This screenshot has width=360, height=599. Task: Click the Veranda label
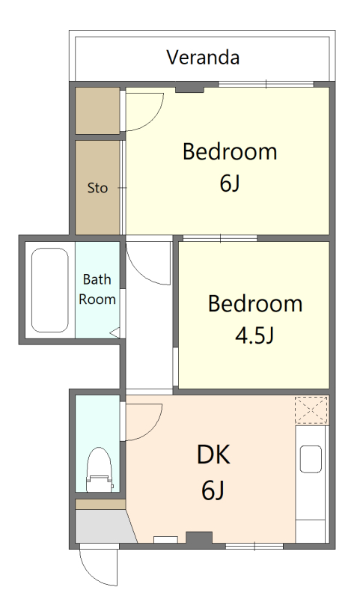click(x=203, y=58)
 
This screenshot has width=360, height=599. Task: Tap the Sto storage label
click(x=98, y=188)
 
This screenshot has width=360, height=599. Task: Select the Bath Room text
click(x=97, y=289)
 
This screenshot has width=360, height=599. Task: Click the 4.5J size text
click(x=254, y=335)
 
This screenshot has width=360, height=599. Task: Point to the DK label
click(x=213, y=454)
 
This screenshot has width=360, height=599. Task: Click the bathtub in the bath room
click(x=49, y=291)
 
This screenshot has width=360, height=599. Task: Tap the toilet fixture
click(x=100, y=469)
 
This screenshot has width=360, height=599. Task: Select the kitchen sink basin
click(x=311, y=459)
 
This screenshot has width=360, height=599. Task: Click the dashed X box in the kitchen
click(x=311, y=410)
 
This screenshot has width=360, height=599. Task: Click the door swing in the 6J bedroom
click(x=156, y=118)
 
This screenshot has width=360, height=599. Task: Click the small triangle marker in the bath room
click(x=115, y=332)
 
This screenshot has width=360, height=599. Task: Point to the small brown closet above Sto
click(x=98, y=111)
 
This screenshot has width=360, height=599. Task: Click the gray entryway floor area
click(x=104, y=526)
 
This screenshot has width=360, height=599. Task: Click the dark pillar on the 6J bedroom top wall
click(x=190, y=87)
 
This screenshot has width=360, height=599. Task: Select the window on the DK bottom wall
click(x=254, y=547)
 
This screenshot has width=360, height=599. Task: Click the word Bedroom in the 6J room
click(x=230, y=152)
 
